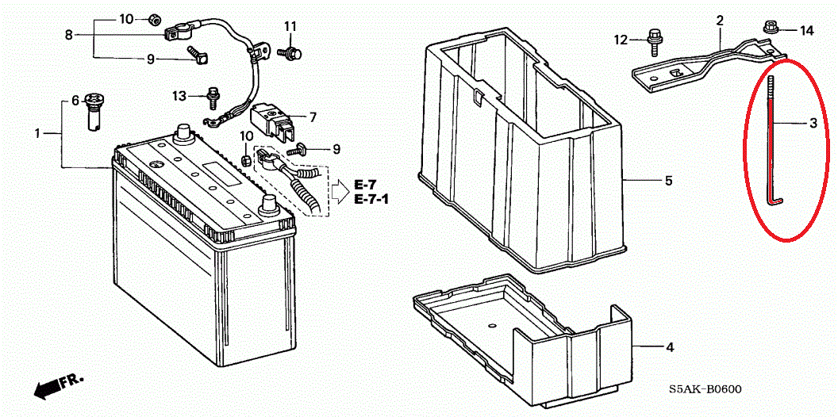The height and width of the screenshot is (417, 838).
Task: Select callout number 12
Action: tap(622, 40)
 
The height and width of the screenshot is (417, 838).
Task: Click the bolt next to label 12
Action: tap(652, 42)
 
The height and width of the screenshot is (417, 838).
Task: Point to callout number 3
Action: tap(813, 124)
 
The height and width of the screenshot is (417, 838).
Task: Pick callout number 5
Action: tap(669, 181)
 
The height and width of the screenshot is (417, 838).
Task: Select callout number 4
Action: tap(669, 347)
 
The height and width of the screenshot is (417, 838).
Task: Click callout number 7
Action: tap(313, 117)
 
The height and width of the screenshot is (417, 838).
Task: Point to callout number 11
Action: tap(290, 25)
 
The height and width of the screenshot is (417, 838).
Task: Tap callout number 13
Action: tap(179, 96)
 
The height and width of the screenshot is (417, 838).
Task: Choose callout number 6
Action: tap(75, 100)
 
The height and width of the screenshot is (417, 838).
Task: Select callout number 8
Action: tap(68, 35)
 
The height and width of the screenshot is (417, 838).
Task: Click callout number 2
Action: tap(720, 21)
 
